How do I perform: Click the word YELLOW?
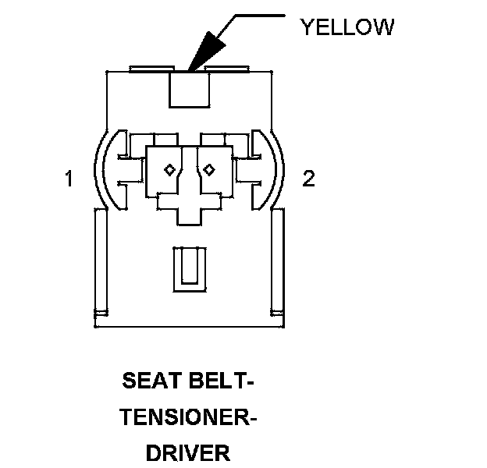pyautogui.click(x=347, y=27)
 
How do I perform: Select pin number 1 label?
pyautogui.click(x=69, y=179)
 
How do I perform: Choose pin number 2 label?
pyautogui.click(x=309, y=179)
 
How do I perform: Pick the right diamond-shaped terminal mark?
pyautogui.click(x=208, y=168)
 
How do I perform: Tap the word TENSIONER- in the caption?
pyautogui.click(x=190, y=418)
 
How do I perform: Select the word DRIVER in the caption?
pyautogui.click(x=188, y=452)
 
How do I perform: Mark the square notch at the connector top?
pyautogui.click(x=188, y=90)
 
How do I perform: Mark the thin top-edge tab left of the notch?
pyautogui.click(x=152, y=69)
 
